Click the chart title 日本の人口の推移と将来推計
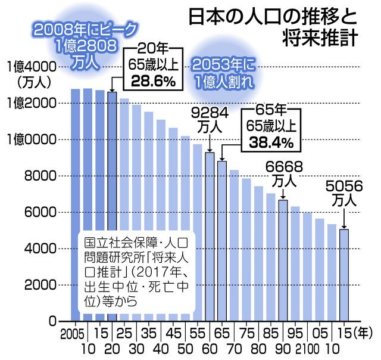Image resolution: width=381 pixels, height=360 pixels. pos(273,26)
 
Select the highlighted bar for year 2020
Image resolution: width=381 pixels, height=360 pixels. pos(112,206)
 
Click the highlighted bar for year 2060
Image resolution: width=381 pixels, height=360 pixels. pos(210,236)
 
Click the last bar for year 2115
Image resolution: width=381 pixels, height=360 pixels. pos(344,275)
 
